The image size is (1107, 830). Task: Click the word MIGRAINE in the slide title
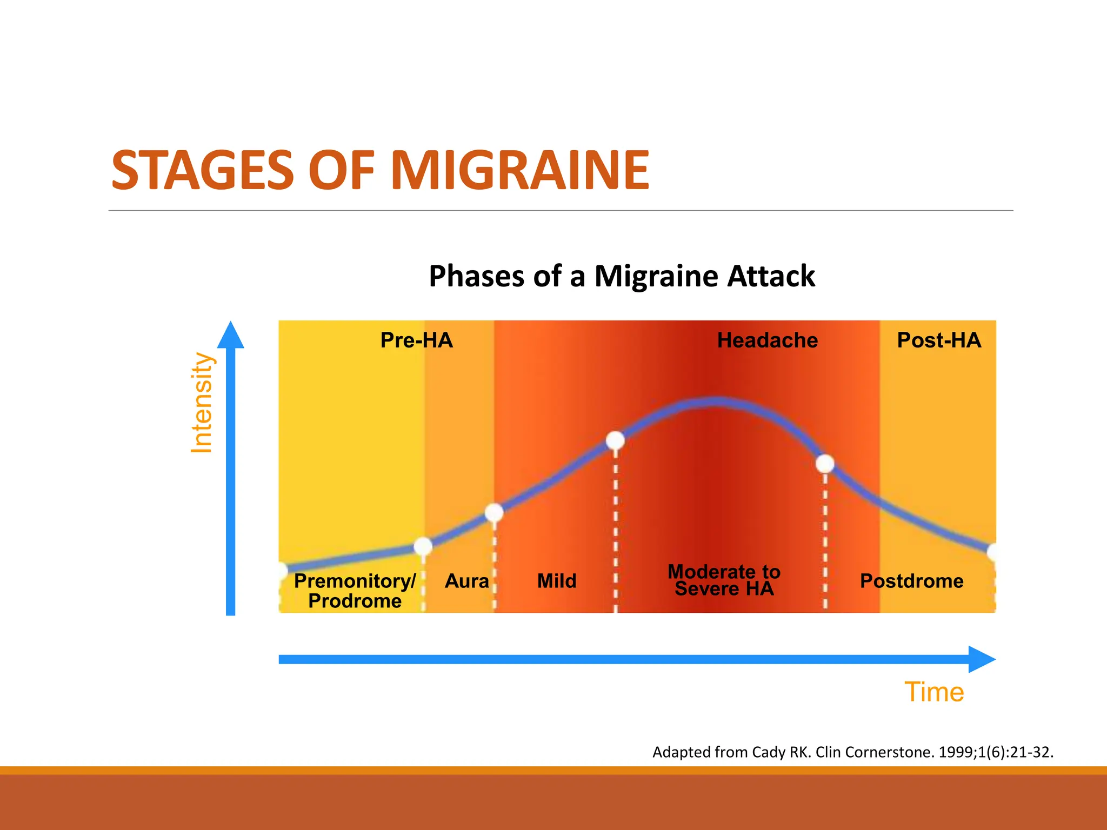coord(519,171)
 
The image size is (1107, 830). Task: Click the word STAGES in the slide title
coord(203,171)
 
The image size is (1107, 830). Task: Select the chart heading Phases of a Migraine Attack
coord(622,276)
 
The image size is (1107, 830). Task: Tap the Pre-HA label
coord(416,340)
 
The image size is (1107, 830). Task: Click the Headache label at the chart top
coord(767,340)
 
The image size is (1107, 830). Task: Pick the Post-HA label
coord(939,340)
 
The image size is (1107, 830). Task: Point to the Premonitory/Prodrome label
coord(355,591)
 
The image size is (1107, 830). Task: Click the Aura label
coord(466,581)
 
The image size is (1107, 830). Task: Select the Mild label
coord(557,581)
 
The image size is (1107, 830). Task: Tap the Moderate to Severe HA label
coord(724,580)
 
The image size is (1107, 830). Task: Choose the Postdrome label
coord(911,581)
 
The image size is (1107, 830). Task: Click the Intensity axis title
coord(202,403)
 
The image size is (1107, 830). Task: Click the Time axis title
coord(934,692)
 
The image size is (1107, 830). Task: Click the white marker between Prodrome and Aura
coord(423,547)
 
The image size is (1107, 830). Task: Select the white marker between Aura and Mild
coord(494,512)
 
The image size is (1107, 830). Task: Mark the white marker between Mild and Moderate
coord(615,440)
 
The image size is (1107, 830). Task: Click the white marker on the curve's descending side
coord(825,464)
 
